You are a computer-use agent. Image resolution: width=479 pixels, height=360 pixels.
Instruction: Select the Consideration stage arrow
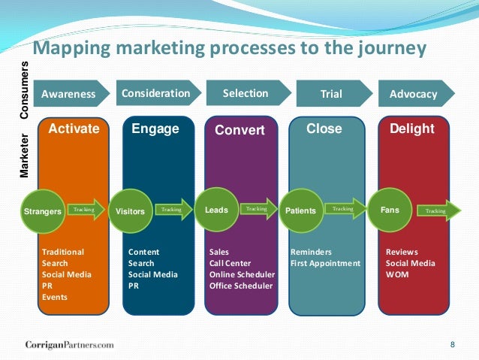point(157,93)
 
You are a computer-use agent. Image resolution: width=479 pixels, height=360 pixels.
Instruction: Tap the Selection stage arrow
point(246,93)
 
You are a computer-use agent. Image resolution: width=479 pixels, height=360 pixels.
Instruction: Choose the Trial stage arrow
point(331,94)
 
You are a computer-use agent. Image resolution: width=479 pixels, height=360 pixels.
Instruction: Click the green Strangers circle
point(43,211)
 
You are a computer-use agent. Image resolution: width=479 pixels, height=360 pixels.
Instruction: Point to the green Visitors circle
point(130,211)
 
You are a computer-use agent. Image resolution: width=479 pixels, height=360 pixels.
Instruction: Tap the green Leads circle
point(216,210)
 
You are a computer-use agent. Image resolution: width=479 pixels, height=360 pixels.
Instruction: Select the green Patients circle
point(301,211)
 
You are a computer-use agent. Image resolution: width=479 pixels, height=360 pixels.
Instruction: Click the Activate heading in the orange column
point(74,129)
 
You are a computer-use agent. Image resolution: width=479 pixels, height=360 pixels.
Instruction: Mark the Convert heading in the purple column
point(239,130)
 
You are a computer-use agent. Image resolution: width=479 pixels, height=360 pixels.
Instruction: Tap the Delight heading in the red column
point(411,129)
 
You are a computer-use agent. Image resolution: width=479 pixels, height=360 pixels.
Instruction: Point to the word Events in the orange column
point(55,297)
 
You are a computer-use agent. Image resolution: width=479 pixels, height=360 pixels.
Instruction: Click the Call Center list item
point(230,263)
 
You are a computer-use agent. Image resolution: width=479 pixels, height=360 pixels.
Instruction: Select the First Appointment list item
point(325,263)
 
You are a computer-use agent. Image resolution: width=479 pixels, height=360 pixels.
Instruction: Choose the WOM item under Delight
point(396,274)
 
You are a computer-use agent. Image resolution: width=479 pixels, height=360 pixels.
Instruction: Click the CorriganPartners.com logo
point(65,344)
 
